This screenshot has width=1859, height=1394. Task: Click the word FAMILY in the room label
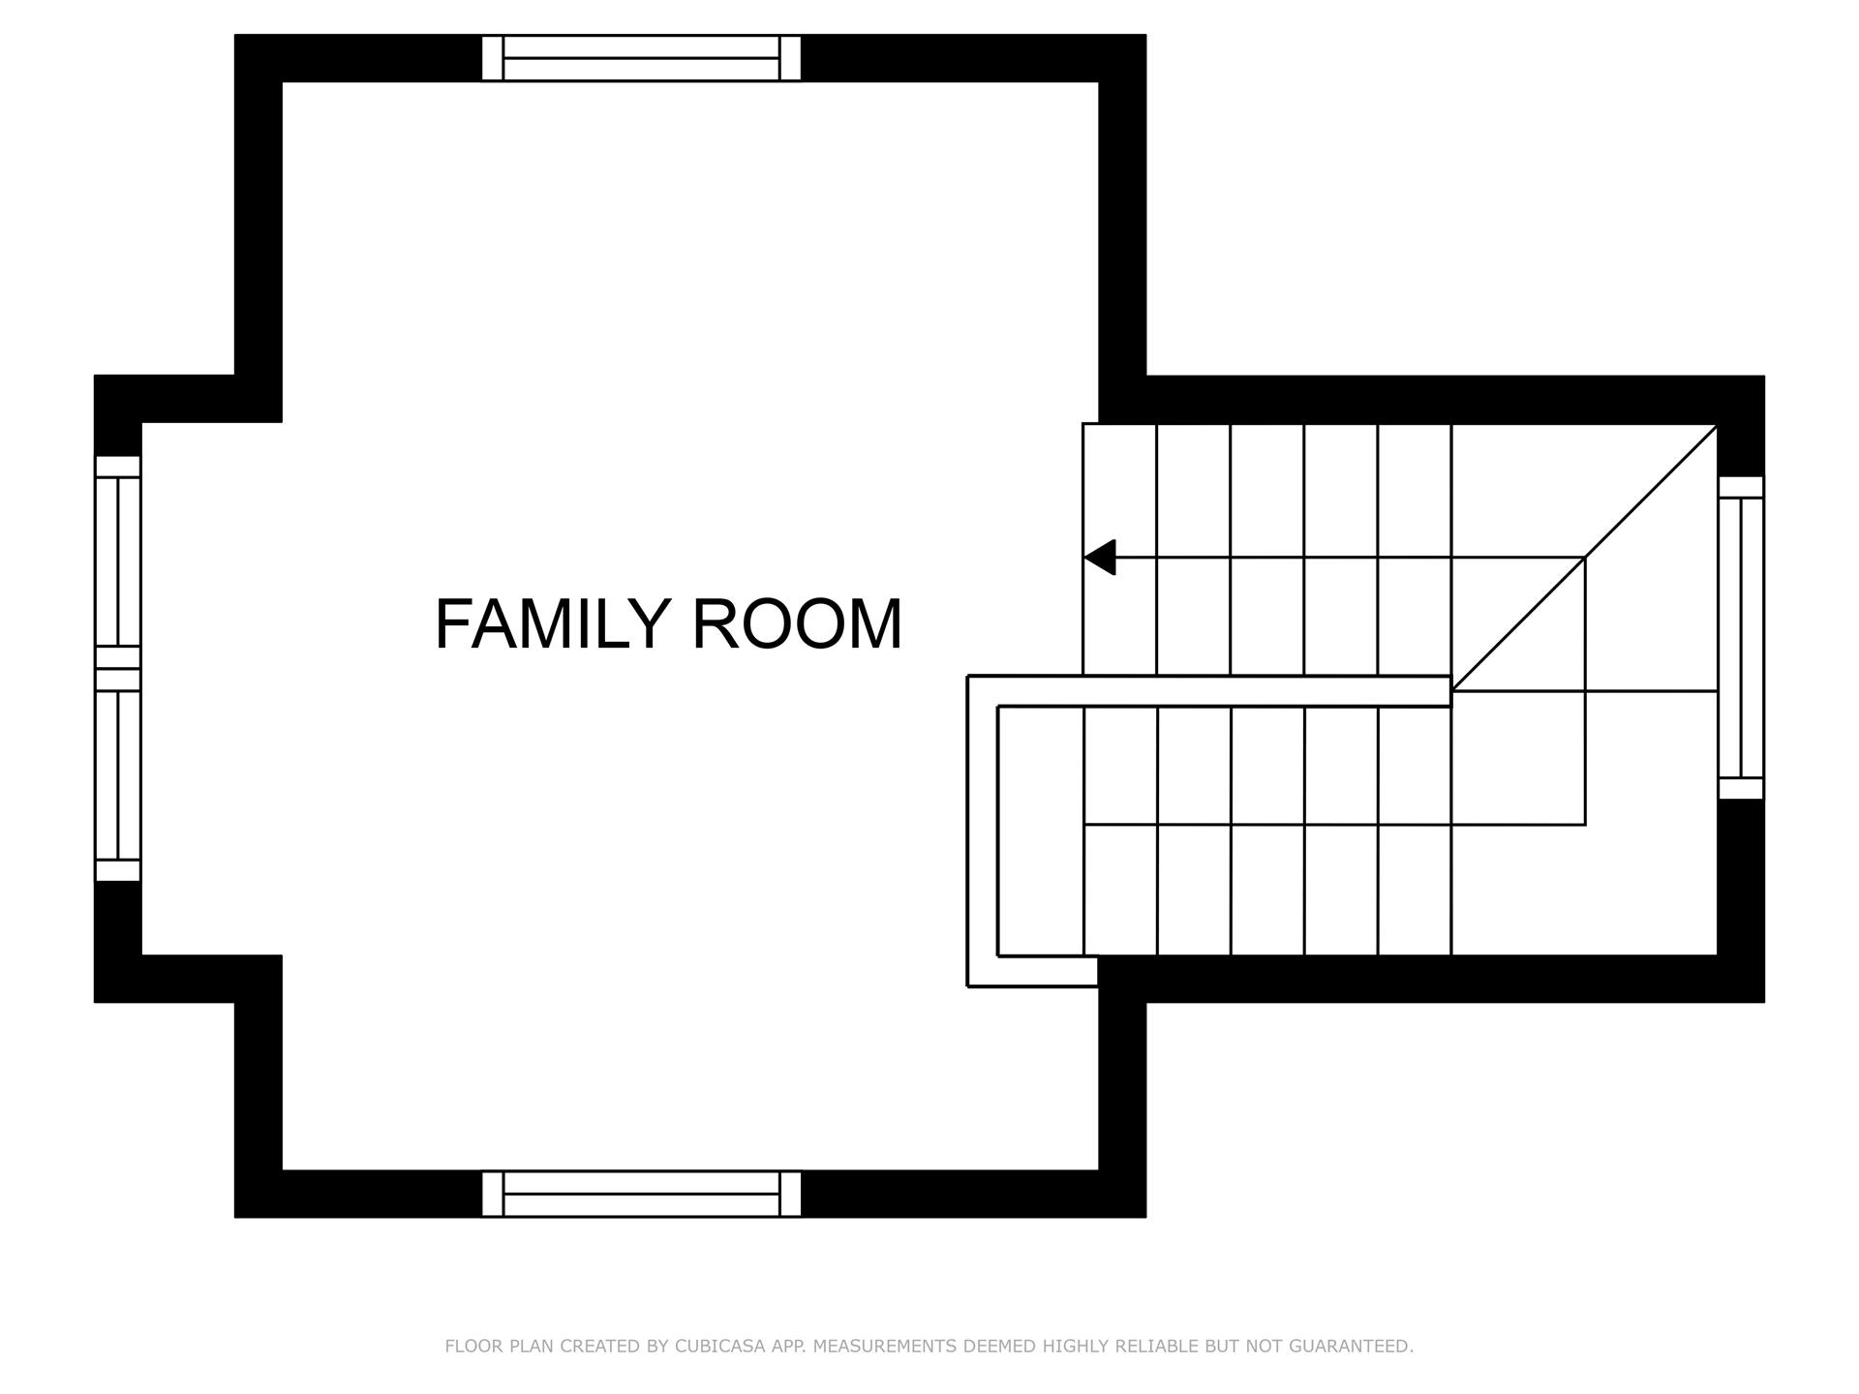552,624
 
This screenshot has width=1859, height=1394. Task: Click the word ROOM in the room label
797,624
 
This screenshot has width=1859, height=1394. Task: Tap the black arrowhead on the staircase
1101,558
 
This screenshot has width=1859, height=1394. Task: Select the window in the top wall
641,58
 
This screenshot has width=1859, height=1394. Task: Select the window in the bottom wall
641,1194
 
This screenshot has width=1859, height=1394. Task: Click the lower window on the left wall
118,774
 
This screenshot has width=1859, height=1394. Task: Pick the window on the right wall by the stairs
1740,638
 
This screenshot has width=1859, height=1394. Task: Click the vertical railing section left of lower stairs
982,833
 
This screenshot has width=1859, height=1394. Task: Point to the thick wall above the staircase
1433,399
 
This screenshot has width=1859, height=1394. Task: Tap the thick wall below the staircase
1433,979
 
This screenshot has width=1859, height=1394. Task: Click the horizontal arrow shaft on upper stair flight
1346,558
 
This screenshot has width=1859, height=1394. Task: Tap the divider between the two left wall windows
118,668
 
